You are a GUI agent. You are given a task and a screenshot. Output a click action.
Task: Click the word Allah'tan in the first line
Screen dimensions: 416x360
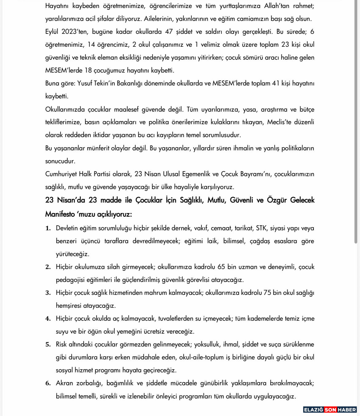coord(277,6)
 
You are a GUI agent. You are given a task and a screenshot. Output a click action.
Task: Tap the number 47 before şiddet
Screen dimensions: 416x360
coord(169,32)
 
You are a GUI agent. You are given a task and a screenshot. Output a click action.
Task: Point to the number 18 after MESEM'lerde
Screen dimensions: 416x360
coord(88,70)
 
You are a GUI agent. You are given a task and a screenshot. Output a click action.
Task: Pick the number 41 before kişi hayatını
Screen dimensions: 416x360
coord(276,83)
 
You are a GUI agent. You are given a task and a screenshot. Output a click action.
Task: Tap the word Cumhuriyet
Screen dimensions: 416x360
coord(61,174)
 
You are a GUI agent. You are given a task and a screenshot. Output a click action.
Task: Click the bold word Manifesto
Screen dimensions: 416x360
coord(60,214)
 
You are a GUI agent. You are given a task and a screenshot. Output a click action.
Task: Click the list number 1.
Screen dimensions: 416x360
coord(48,228)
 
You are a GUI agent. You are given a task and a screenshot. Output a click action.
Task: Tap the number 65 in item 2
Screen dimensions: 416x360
coord(221,267)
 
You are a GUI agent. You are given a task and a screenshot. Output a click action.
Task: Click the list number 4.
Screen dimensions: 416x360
coord(48,319)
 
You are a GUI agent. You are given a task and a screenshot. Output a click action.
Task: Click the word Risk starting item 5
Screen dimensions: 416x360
coord(61,344)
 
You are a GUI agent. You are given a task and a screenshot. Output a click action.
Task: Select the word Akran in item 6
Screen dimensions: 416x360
coord(64,383)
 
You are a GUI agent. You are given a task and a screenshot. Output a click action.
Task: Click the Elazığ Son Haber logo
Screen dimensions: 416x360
coord(330,410)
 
